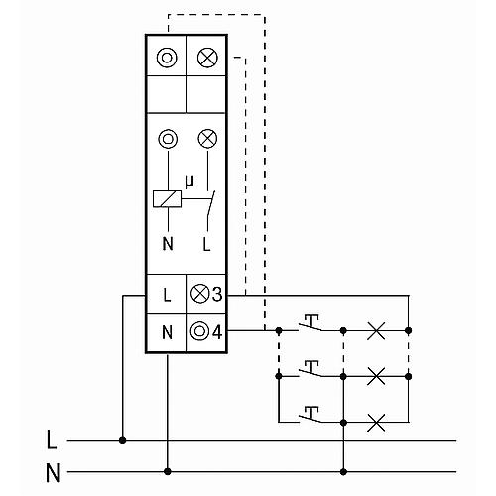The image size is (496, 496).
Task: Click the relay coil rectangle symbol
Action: click(x=167, y=199)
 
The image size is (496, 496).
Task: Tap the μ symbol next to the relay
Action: click(x=189, y=182)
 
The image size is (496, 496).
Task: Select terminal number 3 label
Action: click(x=217, y=294)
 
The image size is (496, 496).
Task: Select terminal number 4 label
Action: click(x=217, y=331)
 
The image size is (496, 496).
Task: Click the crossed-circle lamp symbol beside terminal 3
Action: click(x=200, y=294)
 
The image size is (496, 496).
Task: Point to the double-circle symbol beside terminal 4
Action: click(x=199, y=331)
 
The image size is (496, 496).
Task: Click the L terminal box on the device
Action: click(x=167, y=294)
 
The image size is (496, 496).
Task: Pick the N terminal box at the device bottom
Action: click(x=167, y=332)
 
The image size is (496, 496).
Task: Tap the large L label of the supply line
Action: click(x=52, y=439)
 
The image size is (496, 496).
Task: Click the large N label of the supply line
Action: click(x=53, y=473)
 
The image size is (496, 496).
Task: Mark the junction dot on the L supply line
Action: click(x=123, y=440)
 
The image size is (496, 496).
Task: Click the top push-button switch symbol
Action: click(x=310, y=323)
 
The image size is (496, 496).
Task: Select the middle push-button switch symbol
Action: click(x=310, y=369)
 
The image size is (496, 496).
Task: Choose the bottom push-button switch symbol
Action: click(x=310, y=415)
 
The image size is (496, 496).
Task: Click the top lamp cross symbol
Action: click(x=376, y=330)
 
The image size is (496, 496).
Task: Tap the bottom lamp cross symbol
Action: click(x=376, y=423)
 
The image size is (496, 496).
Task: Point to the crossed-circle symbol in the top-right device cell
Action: click(x=207, y=58)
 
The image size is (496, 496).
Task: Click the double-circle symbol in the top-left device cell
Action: click(x=167, y=58)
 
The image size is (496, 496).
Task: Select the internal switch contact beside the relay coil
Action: click(x=210, y=208)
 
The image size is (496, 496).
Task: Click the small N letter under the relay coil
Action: click(x=168, y=244)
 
